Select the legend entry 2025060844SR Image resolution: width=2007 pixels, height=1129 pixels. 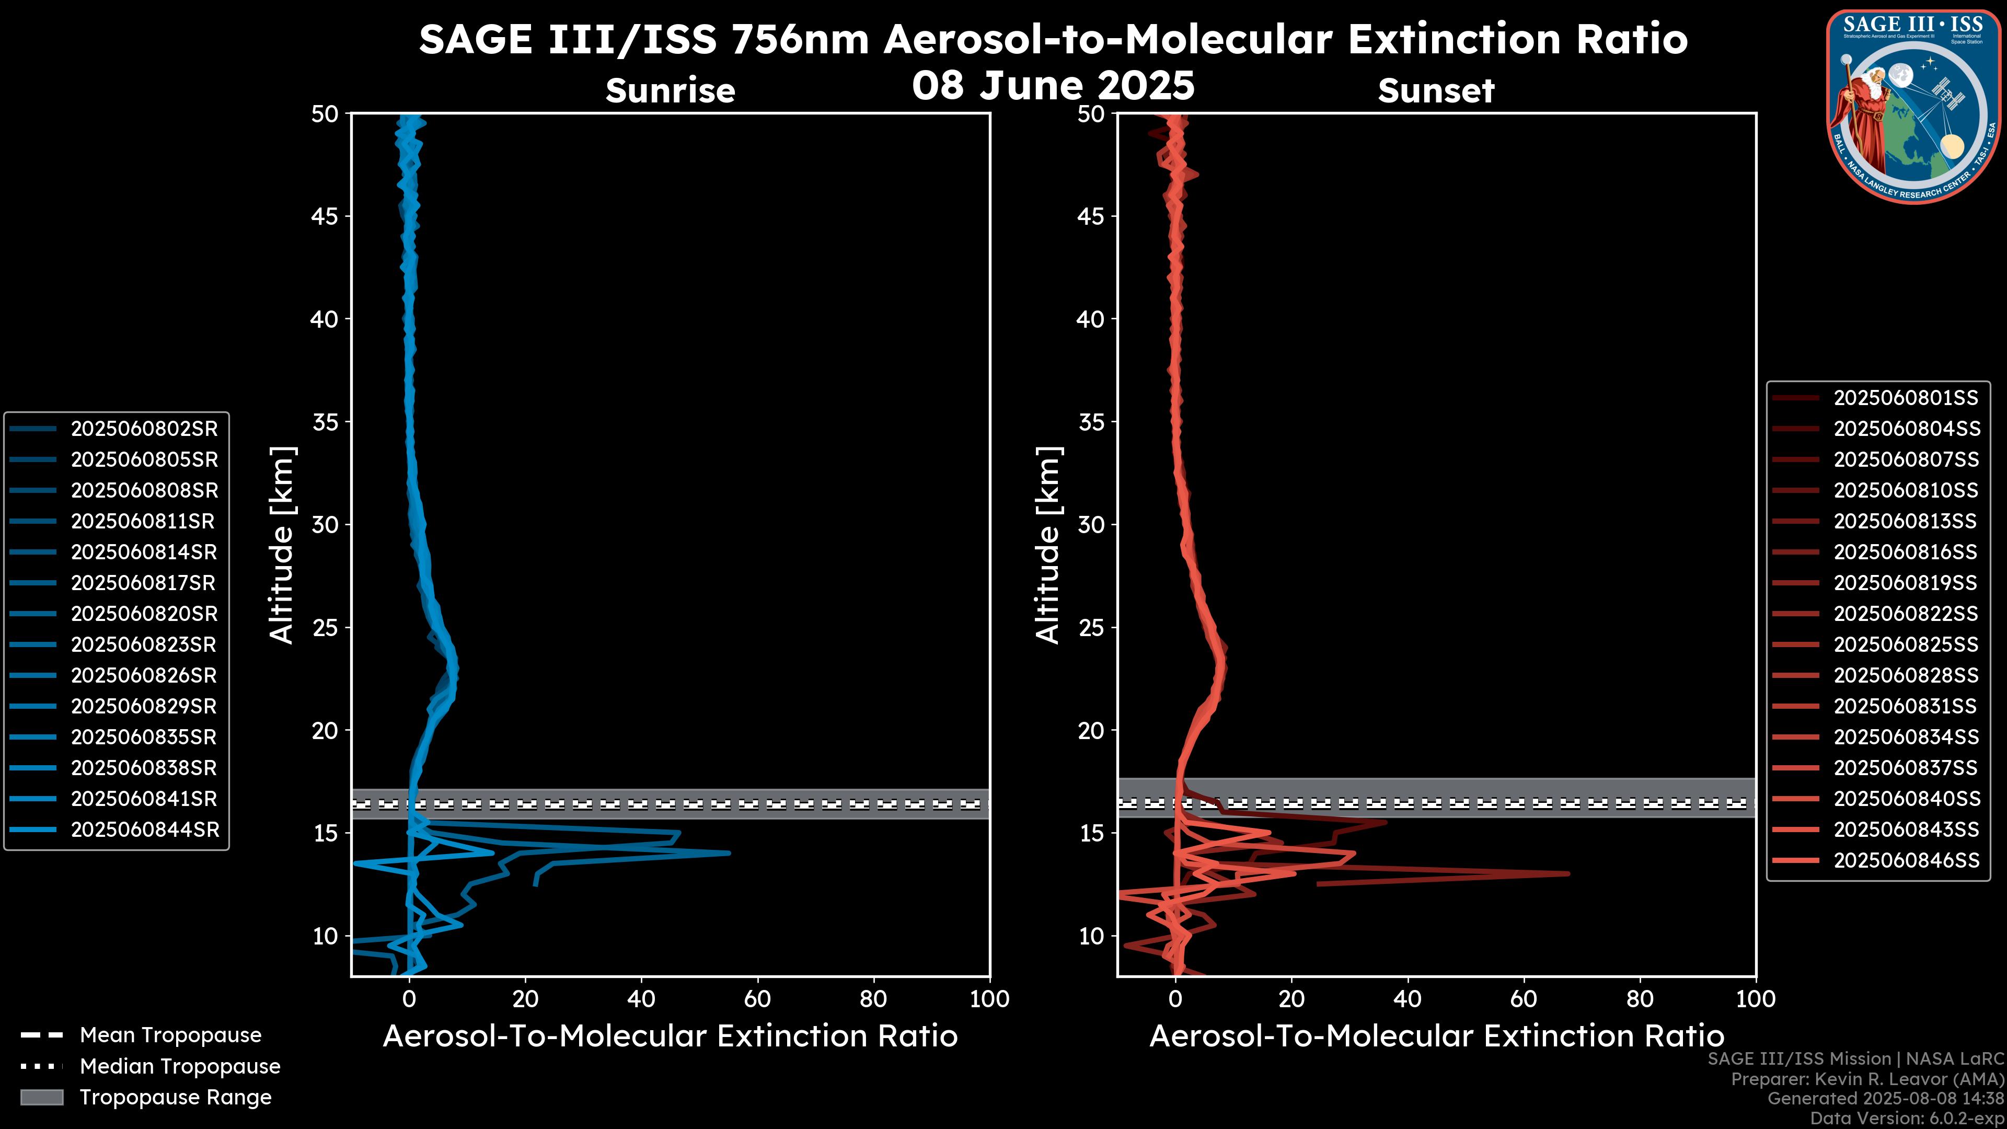pyautogui.click(x=144, y=830)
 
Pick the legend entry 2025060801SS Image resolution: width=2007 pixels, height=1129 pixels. pyautogui.click(x=1905, y=398)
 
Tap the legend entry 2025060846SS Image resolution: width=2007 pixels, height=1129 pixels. pyautogui.click(x=1905, y=860)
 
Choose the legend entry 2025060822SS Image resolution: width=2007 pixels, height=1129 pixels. pyautogui.click(x=1905, y=614)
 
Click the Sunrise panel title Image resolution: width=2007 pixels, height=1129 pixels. pyautogui.click(x=670, y=91)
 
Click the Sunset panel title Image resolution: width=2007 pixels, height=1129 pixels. pyautogui.click(x=1436, y=91)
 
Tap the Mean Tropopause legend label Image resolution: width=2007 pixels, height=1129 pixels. pyautogui.click(x=170, y=1035)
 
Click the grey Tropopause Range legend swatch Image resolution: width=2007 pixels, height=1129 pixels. pyautogui.click(x=42, y=1097)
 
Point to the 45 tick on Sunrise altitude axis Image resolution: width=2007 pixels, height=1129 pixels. pyautogui.click(x=326, y=216)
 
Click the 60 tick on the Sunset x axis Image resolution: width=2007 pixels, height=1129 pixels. pyautogui.click(x=1523, y=999)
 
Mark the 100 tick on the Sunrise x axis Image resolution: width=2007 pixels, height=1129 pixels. pyautogui.click(x=989, y=999)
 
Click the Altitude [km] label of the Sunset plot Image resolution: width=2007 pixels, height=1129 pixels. pyautogui.click(x=1048, y=545)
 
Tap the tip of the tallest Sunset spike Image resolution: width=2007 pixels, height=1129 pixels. pyautogui.click(x=1568, y=873)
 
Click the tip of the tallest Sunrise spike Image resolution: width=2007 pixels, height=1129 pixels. pyautogui.click(x=729, y=852)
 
